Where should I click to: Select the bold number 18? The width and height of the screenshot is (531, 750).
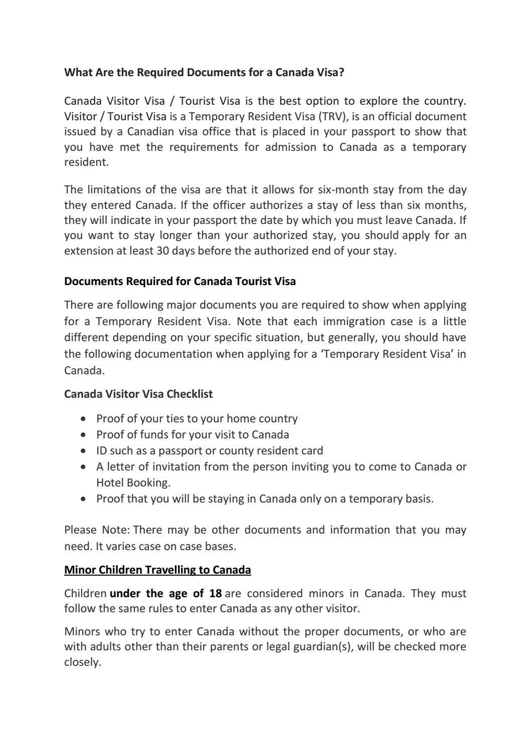click(216, 594)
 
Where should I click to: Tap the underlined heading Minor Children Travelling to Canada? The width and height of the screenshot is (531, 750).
click(157, 570)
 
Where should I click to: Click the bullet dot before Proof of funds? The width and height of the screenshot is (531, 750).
click(84, 435)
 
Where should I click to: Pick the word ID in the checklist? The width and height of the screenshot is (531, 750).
click(101, 451)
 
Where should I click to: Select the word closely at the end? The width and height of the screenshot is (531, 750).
click(82, 662)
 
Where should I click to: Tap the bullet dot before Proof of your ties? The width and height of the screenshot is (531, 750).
click(84, 419)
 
